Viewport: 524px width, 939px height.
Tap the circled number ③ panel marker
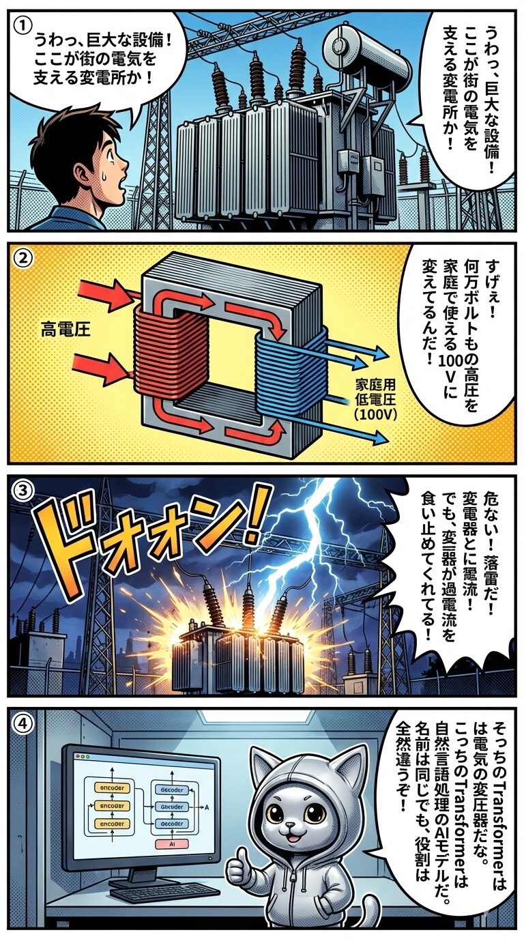point(23,491)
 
